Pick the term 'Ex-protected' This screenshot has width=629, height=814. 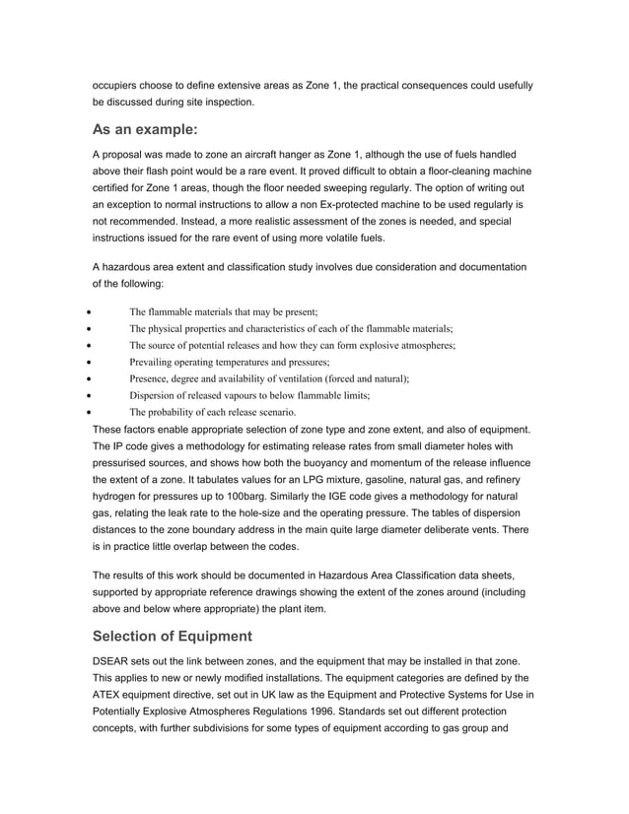[321, 203]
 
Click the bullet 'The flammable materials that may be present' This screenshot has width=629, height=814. [223, 311]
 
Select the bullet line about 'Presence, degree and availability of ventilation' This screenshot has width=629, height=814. [269, 378]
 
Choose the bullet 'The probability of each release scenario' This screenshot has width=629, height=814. [212, 412]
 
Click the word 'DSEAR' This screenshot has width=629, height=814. [113, 661]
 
